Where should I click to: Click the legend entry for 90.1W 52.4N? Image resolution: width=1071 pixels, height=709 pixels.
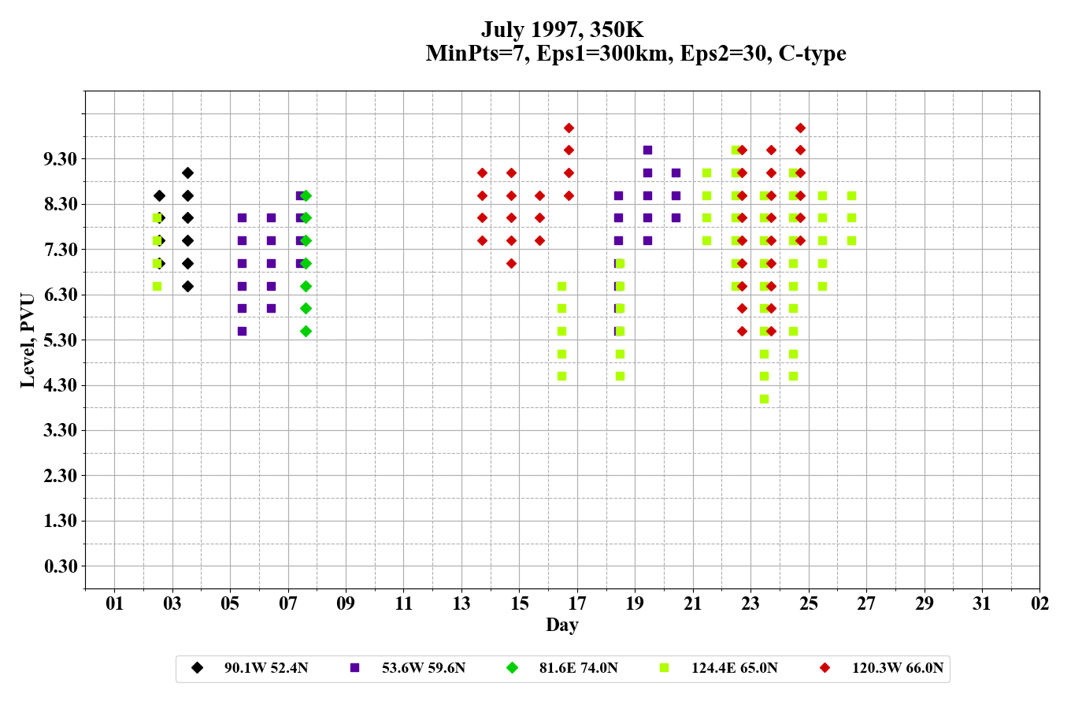click(x=265, y=668)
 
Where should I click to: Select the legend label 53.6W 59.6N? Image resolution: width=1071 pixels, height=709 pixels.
click(x=423, y=668)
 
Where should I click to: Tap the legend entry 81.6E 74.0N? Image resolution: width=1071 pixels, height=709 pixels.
click(x=578, y=668)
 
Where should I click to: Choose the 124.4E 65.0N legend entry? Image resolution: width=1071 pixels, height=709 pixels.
click(x=734, y=668)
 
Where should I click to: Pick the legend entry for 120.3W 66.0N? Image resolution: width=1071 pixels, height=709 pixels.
click(x=897, y=668)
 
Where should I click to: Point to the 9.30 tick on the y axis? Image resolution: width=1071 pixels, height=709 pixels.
click(x=61, y=159)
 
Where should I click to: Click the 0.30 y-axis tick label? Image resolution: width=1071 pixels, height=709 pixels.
click(x=61, y=566)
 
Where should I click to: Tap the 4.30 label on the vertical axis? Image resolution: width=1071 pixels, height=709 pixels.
click(x=61, y=385)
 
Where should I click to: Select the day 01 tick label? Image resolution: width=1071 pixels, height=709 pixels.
click(x=115, y=603)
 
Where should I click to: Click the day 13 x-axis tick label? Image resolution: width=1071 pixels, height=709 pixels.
click(x=461, y=603)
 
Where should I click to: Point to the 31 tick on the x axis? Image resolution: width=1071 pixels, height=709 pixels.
click(x=982, y=603)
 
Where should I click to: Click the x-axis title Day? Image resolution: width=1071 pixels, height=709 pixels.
click(x=561, y=625)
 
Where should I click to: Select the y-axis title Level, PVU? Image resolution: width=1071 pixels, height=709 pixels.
click(x=28, y=340)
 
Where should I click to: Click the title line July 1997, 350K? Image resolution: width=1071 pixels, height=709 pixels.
click(x=562, y=30)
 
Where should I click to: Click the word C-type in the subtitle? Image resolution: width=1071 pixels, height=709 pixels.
click(x=812, y=54)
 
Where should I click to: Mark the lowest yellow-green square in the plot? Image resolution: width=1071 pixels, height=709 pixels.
click(x=764, y=399)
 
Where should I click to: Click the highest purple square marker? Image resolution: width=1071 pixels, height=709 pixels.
click(x=647, y=150)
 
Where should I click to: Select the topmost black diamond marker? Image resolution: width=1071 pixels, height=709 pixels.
click(x=187, y=173)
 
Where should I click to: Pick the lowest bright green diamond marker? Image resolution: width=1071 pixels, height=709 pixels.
click(x=306, y=331)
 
